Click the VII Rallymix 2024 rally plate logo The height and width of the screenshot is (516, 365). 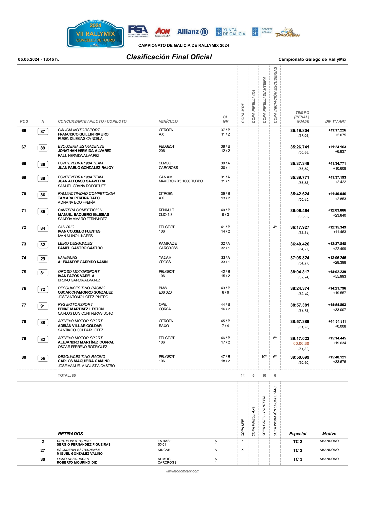click(x=95, y=34)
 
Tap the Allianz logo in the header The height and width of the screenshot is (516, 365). click(x=192, y=32)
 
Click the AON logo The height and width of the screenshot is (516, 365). click(x=162, y=32)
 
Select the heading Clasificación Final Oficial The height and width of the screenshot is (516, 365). click(x=169, y=57)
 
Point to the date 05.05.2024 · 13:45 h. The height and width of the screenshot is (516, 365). click(x=38, y=60)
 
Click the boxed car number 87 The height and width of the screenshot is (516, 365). click(x=43, y=131)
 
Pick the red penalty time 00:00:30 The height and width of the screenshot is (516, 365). click(x=301, y=343)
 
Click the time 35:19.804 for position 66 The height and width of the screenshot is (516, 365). click(x=300, y=130)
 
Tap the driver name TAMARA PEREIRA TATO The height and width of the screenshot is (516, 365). click(x=79, y=198)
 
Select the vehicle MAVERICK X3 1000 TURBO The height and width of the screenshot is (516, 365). click(x=181, y=181)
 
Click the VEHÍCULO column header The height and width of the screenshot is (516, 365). click(x=168, y=121)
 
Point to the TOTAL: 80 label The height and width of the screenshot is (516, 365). click(x=67, y=375)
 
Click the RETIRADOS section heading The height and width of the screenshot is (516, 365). click(x=70, y=434)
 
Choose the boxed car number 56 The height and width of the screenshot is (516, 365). click(x=43, y=358)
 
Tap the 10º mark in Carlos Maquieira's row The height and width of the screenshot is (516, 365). click(x=264, y=357)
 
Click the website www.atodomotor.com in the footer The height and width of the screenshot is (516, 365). click(x=182, y=471)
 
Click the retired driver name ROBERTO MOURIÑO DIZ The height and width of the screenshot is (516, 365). click(x=77, y=462)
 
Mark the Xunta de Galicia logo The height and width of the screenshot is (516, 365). click(x=230, y=32)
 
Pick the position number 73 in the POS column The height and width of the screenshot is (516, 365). click(x=24, y=244)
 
